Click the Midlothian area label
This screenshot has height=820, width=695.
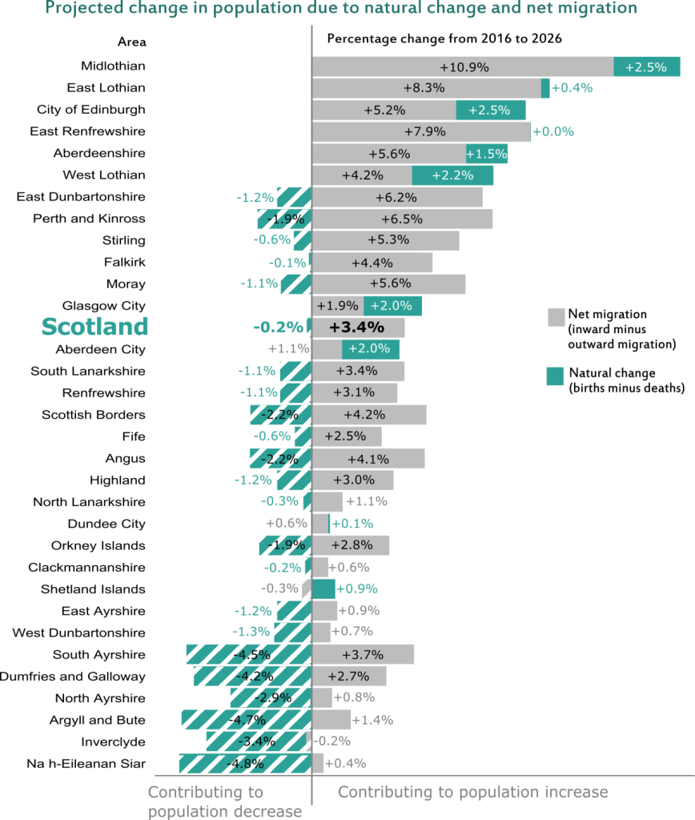tap(113, 66)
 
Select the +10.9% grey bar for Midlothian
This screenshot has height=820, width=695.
tap(463, 67)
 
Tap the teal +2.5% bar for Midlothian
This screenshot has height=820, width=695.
tap(646, 67)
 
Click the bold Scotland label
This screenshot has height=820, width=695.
tap(94, 328)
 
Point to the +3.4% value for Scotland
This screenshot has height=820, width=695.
tap(356, 328)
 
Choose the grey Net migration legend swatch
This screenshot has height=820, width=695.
tap(556, 317)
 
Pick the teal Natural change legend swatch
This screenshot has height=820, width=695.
tap(556, 376)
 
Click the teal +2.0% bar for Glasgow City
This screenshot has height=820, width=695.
tap(392, 306)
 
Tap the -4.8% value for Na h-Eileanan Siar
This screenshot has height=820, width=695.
tap(247, 763)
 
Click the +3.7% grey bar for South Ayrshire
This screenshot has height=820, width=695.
tap(363, 654)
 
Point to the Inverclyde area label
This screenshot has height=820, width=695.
tap(114, 742)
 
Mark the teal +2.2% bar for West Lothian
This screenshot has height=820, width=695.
tap(452, 175)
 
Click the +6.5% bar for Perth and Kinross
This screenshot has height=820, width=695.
tap(402, 219)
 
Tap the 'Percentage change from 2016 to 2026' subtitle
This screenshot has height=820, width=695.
tap(444, 38)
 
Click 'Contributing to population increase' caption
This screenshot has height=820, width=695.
tap(472, 793)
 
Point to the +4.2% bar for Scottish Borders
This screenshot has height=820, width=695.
tap(369, 415)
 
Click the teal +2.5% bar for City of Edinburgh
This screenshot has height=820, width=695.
tap(491, 111)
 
